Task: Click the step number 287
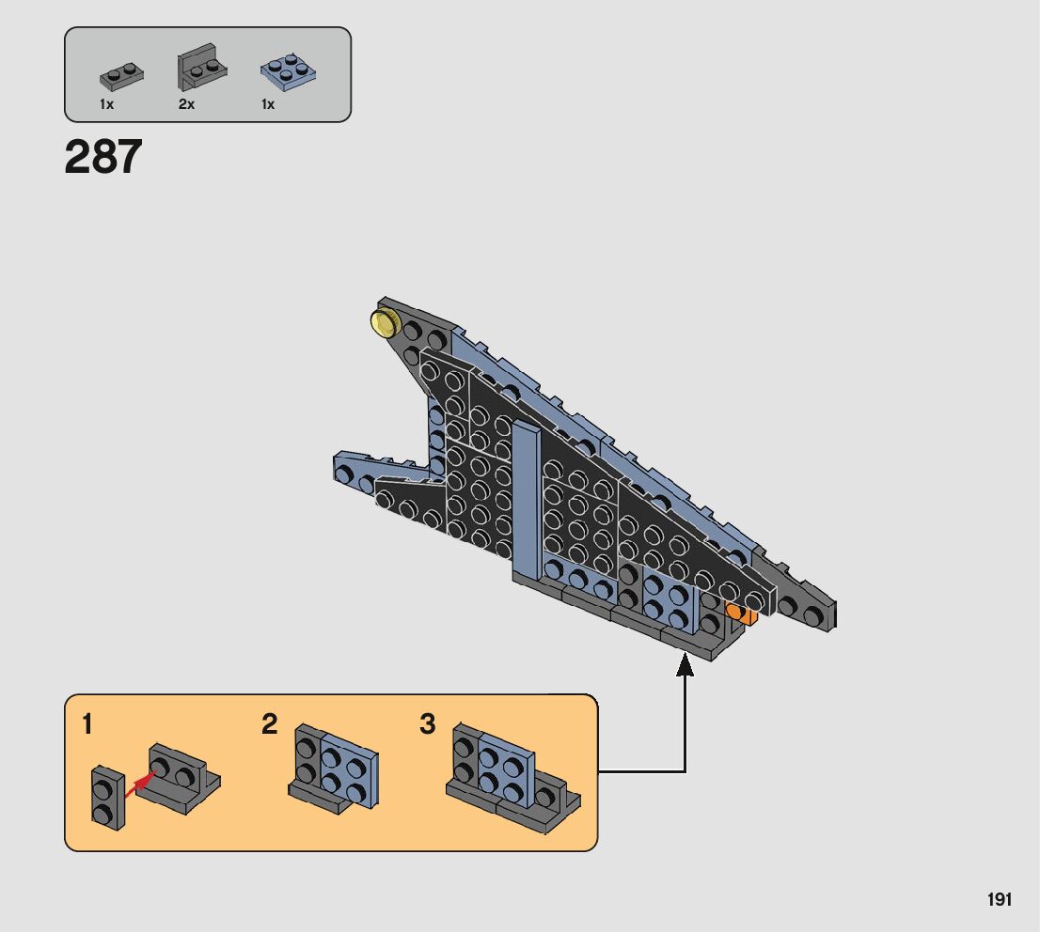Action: tap(103, 158)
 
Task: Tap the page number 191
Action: tap(1000, 900)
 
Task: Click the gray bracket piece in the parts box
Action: tap(200, 69)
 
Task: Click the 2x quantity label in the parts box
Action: tap(186, 104)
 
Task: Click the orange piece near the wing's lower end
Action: tap(742, 613)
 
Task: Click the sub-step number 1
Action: tap(87, 724)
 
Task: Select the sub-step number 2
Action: tap(270, 724)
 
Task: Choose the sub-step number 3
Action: tap(428, 724)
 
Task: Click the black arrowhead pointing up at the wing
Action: tap(685, 665)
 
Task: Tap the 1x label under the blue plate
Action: tap(268, 104)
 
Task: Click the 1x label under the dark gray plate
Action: tap(106, 104)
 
